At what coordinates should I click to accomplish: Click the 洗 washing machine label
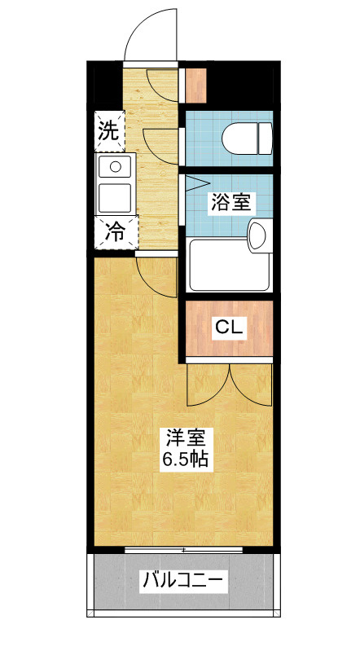pos(109,131)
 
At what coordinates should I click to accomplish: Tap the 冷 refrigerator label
pos(115,232)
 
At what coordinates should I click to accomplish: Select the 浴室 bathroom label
pos(230,203)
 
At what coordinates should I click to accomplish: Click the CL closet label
pos(229,327)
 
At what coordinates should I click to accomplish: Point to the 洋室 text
pos(186,438)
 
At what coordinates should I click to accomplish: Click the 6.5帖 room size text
pos(186,459)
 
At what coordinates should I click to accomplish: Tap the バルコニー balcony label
pos(182,580)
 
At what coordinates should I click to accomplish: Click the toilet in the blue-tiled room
pos(248,139)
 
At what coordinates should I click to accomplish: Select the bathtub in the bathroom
pos(229,265)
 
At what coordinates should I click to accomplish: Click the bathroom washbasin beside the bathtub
pos(260,235)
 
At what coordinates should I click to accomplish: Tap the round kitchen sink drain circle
pos(115,166)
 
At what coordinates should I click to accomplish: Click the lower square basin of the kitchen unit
pos(115,198)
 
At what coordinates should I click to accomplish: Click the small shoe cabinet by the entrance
pos(196,86)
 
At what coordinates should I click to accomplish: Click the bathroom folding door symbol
pos(195,183)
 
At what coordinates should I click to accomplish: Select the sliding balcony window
pos(184,550)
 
